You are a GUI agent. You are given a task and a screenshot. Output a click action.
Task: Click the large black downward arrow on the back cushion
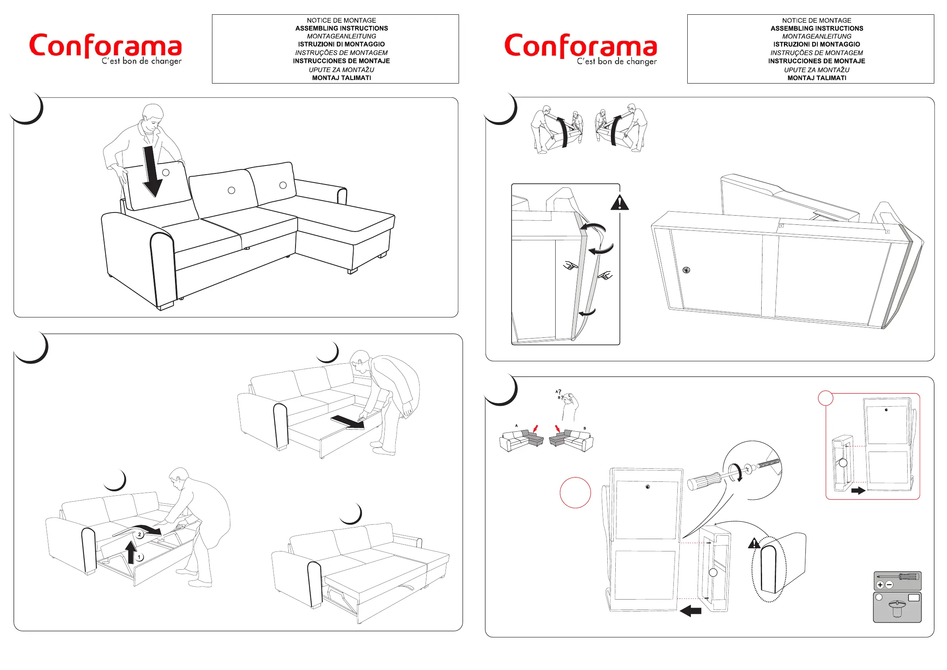153,173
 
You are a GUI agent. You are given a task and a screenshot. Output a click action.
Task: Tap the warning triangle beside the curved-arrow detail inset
620,203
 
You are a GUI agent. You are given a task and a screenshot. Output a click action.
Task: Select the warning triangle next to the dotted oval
754,543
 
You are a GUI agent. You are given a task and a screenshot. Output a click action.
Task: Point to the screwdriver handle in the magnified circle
704,481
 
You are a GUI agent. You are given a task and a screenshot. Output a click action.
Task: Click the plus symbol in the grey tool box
880,584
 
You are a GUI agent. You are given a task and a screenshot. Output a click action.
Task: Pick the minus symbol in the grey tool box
889,584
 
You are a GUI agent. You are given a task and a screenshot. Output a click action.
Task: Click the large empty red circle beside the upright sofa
576,493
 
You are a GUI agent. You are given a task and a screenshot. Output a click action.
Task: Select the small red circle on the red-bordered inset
825,398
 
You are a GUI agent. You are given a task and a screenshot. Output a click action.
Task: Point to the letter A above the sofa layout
516,425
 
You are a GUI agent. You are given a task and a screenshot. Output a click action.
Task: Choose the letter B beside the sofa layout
584,428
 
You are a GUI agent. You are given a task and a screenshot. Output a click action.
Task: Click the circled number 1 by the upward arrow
140,557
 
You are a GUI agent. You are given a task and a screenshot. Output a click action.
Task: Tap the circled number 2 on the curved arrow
140,535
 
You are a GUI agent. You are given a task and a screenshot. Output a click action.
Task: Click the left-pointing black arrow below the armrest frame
691,611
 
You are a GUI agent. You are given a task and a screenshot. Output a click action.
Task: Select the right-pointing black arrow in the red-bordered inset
858,491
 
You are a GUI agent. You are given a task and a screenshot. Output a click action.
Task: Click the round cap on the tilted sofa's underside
686,270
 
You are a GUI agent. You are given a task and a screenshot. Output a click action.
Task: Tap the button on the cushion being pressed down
166,172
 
